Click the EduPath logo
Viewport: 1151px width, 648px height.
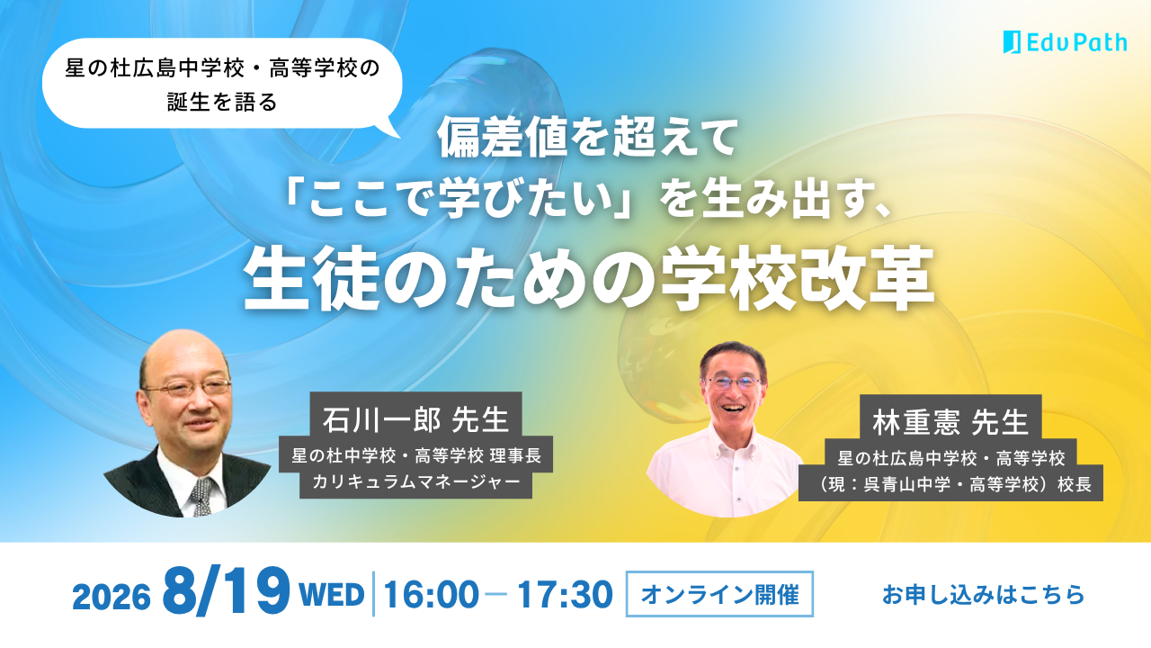pyautogui.click(x=1066, y=42)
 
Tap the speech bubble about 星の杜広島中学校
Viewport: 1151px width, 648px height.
pyautogui.click(x=222, y=85)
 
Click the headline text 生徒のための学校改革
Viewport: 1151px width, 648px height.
pyautogui.click(x=589, y=278)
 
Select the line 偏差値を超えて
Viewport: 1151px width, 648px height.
pyautogui.click(x=588, y=139)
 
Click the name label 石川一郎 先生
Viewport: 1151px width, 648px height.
pyautogui.click(x=415, y=419)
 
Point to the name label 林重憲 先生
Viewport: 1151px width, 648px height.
pyautogui.click(x=950, y=422)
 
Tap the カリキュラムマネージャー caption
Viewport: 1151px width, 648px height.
pyautogui.click(x=415, y=481)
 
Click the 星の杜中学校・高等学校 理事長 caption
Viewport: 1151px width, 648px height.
pyautogui.click(x=415, y=455)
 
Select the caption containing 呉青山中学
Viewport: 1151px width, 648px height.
pyautogui.click(x=950, y=484)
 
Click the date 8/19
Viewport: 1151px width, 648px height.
pyautogui.click(x=226, y=592)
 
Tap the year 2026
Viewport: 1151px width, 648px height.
pyautogui.click(x=112, y=597)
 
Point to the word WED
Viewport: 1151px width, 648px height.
pyautogui.click(x=332, y=595)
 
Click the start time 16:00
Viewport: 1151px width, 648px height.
pyautogui.click(x=432, y=595)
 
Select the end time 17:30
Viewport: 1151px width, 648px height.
pyautogui.click(x=565, y=595)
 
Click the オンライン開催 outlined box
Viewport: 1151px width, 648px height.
pyautogui.click(x=719, y=594)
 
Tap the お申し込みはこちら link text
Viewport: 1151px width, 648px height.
pyautogui.click(x=983, y=595)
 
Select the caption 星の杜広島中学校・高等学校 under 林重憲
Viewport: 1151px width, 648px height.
pyautogui.click(x=950, y=457)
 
